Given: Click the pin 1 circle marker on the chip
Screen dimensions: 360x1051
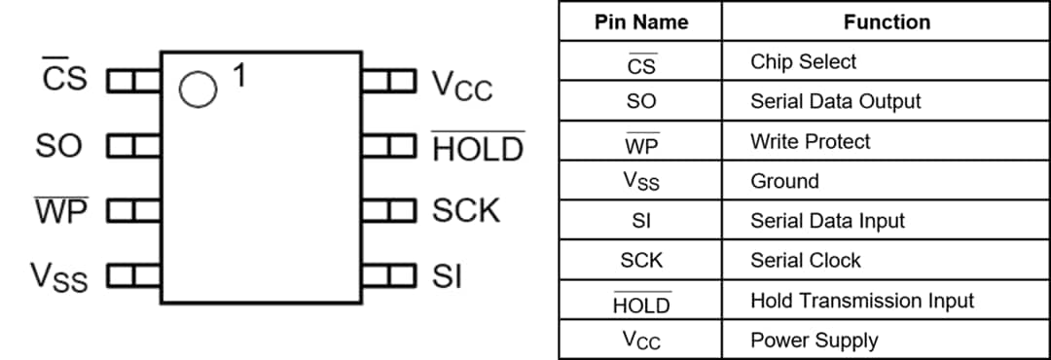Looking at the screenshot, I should pyautogui.click(x=198, y=90).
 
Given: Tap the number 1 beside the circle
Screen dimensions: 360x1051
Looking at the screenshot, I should pyautogui.click(x=239, y=76).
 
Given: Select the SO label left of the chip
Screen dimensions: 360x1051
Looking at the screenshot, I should pyautogui.click(x=59, y=146).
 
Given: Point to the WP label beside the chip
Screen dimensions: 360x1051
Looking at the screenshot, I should pyautogui.click(x=61, y=210).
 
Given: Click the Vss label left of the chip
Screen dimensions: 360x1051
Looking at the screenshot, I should pyautogui.click(x=59, y=277).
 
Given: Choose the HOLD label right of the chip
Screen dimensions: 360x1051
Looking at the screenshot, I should pyautogui.click(x=478, y=149).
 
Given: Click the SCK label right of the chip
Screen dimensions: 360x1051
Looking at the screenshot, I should pyautogui.click(x=466, y=210).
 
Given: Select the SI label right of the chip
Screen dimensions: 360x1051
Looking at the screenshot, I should pyautogui.click(x=447, y=277).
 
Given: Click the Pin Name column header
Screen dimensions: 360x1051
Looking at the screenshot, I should pyautogui.click(x=640, y=21).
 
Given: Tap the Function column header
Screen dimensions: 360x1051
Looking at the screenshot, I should pyautogui.click(x=887, y=21).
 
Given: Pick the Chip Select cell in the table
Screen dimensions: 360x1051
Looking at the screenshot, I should pyautogui.click(x=803, y=61).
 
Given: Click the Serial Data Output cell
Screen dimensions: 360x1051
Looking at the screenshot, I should pyautogui.click(x=835, y=101).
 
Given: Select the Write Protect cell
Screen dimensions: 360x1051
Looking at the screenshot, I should pyautogui.click(x=810, y=141).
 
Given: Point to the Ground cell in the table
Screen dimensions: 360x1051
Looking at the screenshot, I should pyautogui.click(x=784, y=181).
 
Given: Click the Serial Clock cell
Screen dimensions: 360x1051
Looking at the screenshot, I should pyautogui.click(x=805, y=261).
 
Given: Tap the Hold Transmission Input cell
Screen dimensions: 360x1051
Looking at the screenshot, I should pyautogui.click(x=861, y=301).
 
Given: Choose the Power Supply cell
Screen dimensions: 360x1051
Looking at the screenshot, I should pyautogui.click(x=814, y=341).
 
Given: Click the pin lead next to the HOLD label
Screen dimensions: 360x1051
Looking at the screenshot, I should pyautogui.click(x=389, y=147).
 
